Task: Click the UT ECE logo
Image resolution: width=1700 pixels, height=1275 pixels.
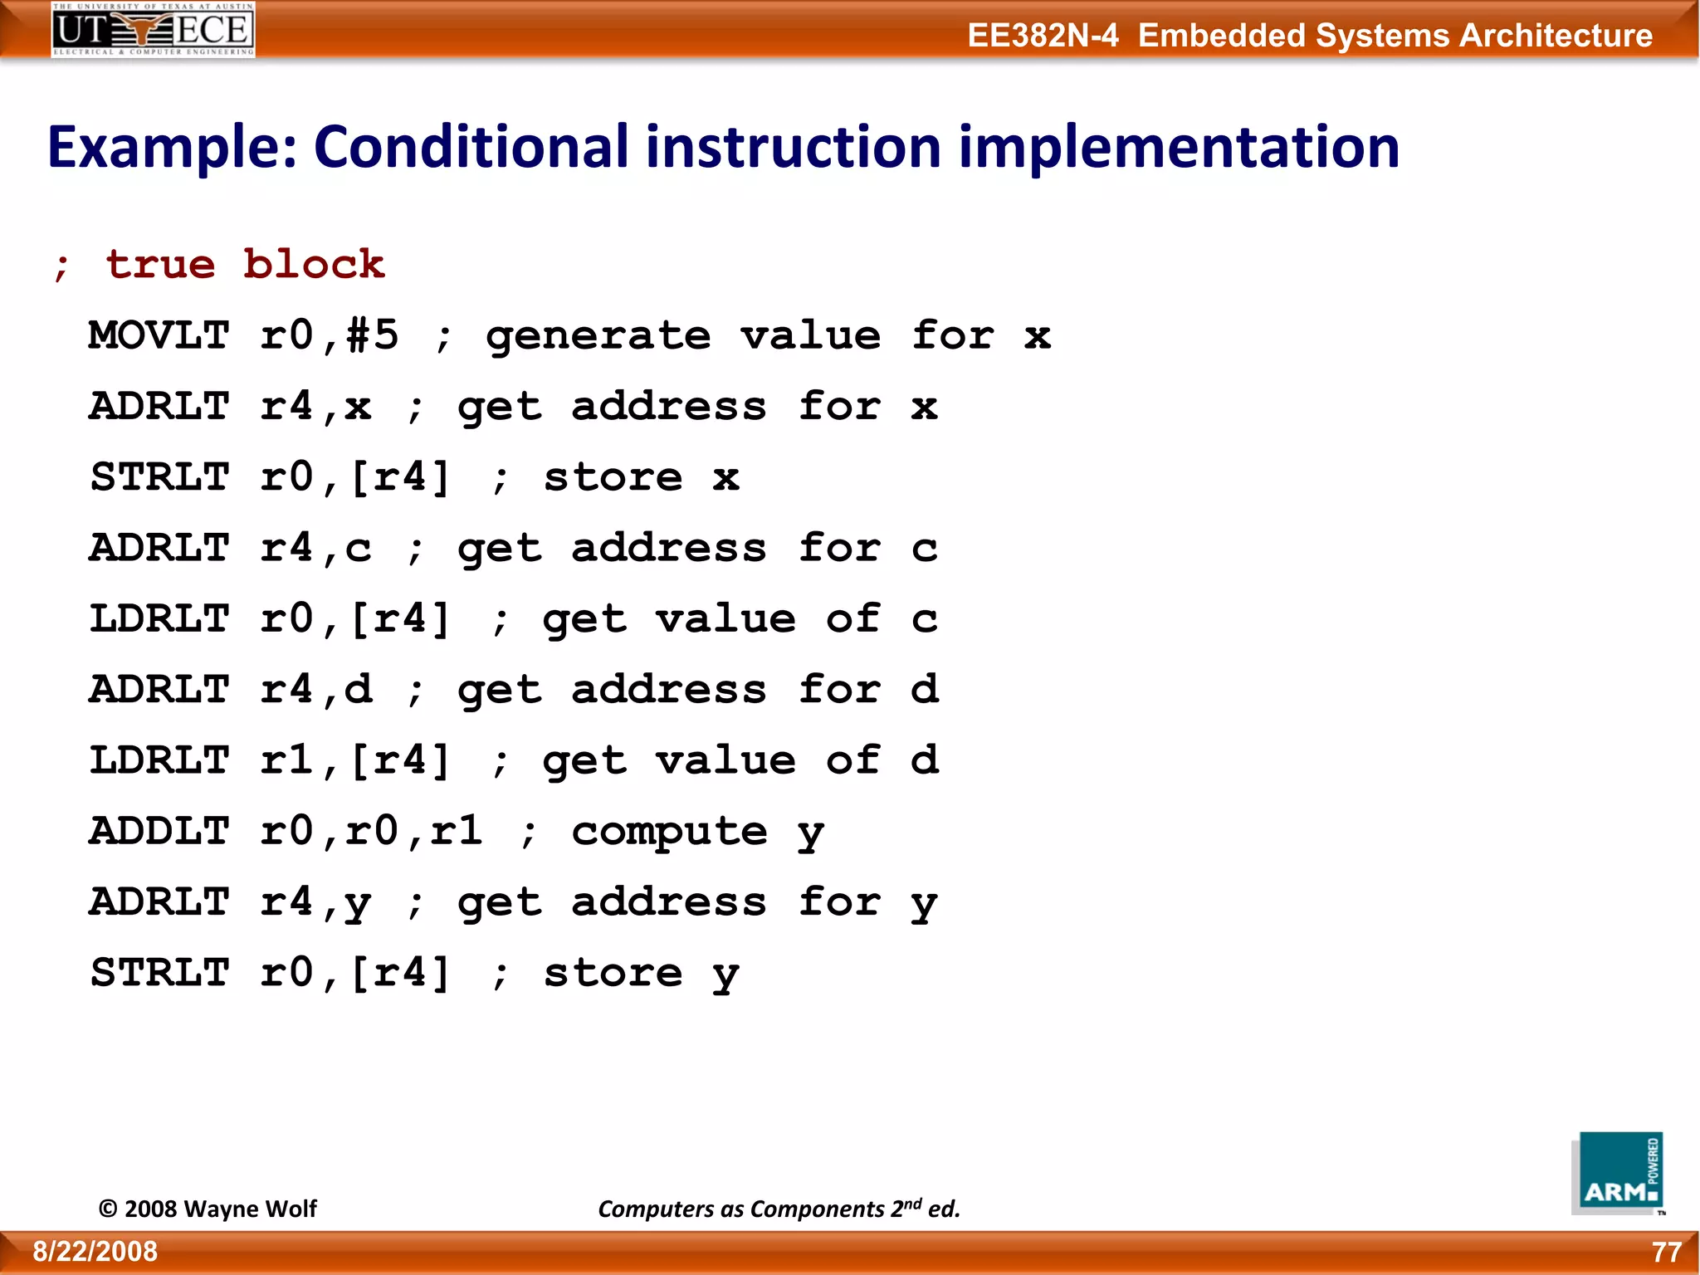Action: tap(153, 30)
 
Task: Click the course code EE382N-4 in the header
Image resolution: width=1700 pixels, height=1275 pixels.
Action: tap(1043, 36)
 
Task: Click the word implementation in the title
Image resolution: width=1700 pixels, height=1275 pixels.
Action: tap(1179, 147)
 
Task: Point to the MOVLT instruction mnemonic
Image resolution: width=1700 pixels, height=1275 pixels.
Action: tap(159, 335)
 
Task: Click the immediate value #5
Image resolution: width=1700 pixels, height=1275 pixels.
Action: tap(373, 335)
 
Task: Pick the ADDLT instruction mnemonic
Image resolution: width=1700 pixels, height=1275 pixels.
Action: tap(159, 831)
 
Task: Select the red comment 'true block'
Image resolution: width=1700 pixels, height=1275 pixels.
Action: tap(246, 265)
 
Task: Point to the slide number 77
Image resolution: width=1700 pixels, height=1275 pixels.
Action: tap(1666, 1252)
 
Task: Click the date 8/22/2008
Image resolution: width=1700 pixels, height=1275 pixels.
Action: tap(95, 1252)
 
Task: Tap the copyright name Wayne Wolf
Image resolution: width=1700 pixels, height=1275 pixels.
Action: tap(249, 1209)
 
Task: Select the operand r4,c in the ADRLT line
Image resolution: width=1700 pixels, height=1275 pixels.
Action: tap(315, 548)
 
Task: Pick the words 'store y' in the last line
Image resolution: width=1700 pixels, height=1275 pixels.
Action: tap(641, 973)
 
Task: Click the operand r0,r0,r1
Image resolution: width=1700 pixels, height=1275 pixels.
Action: tap(371, 831)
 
